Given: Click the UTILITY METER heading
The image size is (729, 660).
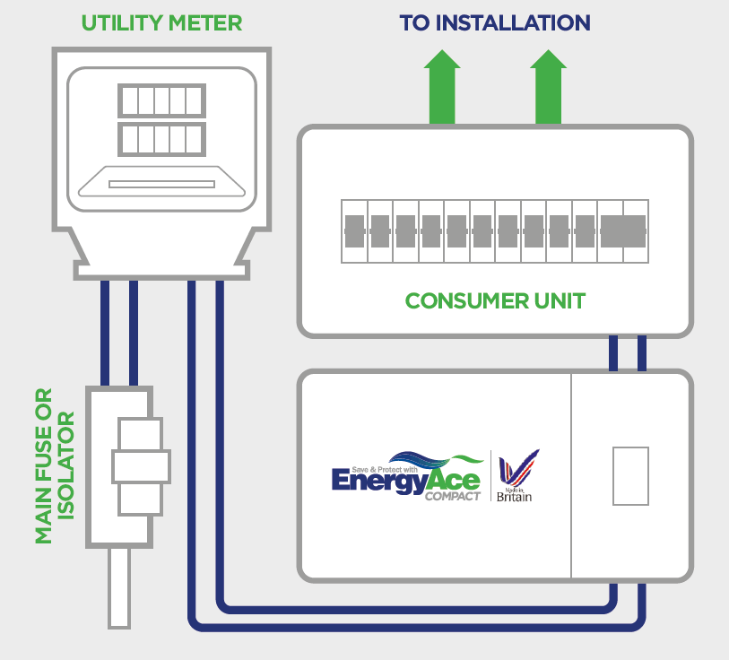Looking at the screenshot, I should pos(162,22).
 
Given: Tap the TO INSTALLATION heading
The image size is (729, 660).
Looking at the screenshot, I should pos(495,22).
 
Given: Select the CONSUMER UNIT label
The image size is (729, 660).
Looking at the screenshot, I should pos(495,300).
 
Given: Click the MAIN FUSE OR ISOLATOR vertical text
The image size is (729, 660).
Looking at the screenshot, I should pos(55,465).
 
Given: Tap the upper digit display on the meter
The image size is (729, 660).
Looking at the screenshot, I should pos(162,100).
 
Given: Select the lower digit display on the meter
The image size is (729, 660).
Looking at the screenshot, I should pos(162,139).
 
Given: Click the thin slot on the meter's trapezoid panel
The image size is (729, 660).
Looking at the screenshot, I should pos(162,184).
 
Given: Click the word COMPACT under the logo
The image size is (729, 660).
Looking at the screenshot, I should pos(453,496).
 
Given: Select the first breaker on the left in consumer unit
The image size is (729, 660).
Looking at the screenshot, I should pos(354,231).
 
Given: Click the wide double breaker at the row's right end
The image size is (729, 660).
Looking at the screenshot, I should pos(623,231).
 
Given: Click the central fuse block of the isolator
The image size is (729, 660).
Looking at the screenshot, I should pos(141,466).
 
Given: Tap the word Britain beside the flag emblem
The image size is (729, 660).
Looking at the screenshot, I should pos(514,497).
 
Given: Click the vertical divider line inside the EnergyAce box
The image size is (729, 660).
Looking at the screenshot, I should pos(571,476).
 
